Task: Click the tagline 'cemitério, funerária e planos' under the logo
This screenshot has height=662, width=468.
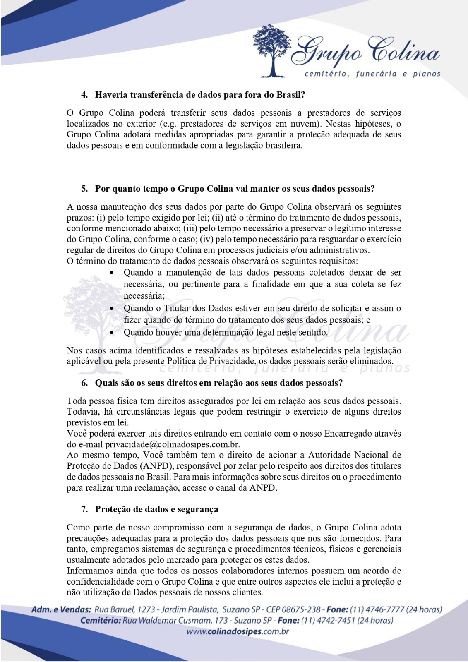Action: coord(372,74)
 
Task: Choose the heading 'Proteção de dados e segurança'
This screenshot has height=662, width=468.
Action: coord(156,509)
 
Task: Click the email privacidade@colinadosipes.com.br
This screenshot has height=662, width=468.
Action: coord(173,444)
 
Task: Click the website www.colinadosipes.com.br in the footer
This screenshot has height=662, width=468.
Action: coord(237,631)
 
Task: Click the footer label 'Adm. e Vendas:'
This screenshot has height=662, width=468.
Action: coord(61,609)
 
